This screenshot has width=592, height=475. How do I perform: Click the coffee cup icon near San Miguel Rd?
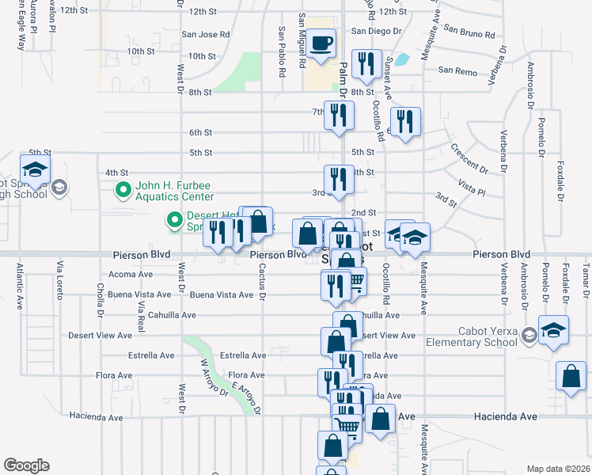pos(321,44)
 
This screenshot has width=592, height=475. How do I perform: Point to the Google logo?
pos(26,465)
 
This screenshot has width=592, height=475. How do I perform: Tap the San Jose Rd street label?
pos(205,35)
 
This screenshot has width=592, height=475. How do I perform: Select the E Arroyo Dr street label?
pos(245,397)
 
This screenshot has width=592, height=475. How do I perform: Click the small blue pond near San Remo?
pos(403,59)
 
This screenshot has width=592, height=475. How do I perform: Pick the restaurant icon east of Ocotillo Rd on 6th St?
pos(404,122)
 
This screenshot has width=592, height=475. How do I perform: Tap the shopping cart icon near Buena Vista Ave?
pos(355,281)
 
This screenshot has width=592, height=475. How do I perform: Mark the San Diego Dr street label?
pos(377,31)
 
